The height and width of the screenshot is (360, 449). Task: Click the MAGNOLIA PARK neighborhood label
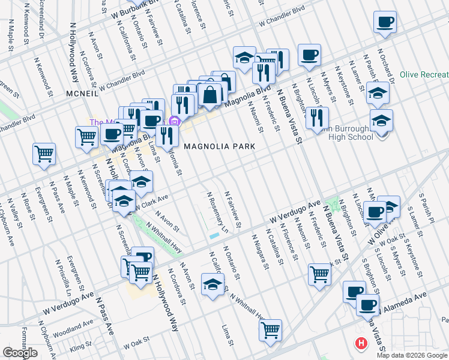220,146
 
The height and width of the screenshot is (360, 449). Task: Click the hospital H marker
361,344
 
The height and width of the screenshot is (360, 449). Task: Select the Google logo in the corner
20,353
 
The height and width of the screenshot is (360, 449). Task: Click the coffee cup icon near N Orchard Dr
385,22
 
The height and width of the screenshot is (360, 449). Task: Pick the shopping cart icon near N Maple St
44,154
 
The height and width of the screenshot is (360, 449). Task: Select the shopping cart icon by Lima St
271,329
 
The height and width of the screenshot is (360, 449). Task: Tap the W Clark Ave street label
151,203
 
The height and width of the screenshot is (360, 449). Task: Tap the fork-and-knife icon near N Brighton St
317,118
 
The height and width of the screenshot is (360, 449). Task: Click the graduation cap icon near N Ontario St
212,284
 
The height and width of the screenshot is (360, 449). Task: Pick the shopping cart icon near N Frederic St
319,274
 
